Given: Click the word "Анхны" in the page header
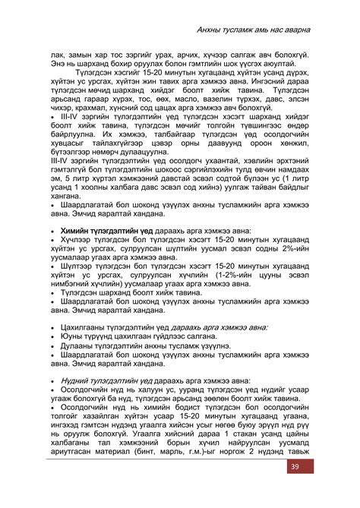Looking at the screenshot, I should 209,28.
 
